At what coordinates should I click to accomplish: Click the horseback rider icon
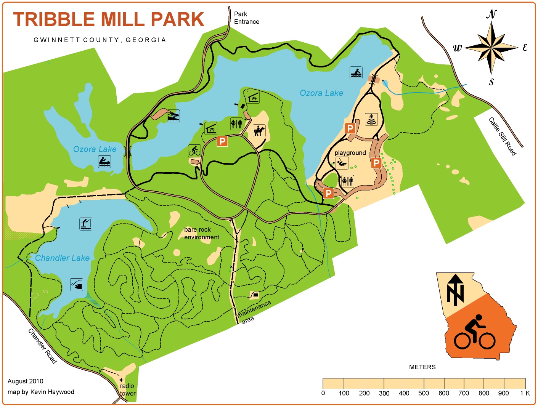click(x=259, y=131)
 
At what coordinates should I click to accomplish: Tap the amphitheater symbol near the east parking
click(x=371, y=119)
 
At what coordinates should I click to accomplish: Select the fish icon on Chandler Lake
click(x=77, y=284)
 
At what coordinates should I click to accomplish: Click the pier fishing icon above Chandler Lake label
click(x=86, y=224)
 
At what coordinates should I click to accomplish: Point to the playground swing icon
click(x=342, y=163)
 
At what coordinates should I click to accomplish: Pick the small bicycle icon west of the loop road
click(x=194, y=151)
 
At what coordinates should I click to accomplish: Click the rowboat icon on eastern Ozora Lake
click(x=356, y=73)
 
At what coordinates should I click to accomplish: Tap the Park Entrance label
click(x=246, y=18)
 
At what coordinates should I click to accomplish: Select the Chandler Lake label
click(x=62, y=258)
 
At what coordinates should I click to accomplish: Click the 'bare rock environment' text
click(x=201, y=233)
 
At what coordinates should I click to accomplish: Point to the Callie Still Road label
click(x=503, y=136)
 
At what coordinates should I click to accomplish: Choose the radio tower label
click(x=127, y=389)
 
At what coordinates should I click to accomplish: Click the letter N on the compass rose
click(x=491, y=14)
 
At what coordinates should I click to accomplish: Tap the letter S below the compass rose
click(x=491, y=82)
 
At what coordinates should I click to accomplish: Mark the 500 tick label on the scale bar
click(x=424, y=393)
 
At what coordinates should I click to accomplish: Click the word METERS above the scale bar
click(x=422, y=367)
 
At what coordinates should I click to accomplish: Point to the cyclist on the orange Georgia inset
click(x=475, y=332)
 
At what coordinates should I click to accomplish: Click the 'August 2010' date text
click(x=26, y=381)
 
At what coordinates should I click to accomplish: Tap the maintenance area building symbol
click(x=255, y=295)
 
